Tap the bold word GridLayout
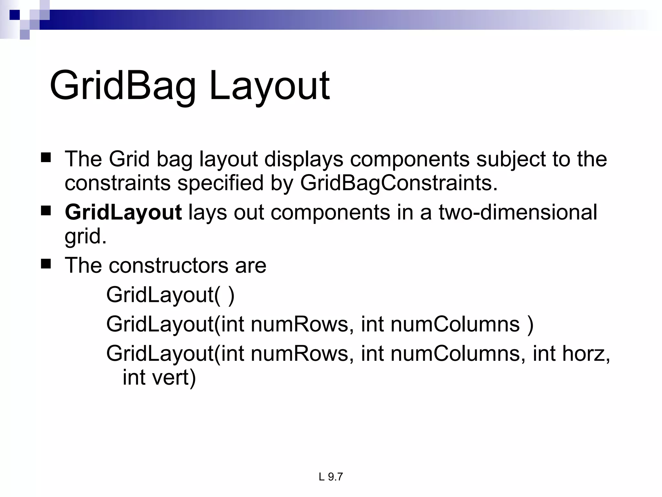point(123,213)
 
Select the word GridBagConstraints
point(399,183)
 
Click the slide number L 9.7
point(330,477)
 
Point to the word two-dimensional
point(518,213)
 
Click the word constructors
point(168,265)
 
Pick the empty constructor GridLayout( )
point(170,295)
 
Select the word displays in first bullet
point(304,159)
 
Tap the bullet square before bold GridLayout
point(46,211)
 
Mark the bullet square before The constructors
point(46,264)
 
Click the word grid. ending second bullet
point(85,237)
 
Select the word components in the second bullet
point(330,213)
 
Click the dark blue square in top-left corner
point(15,15)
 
